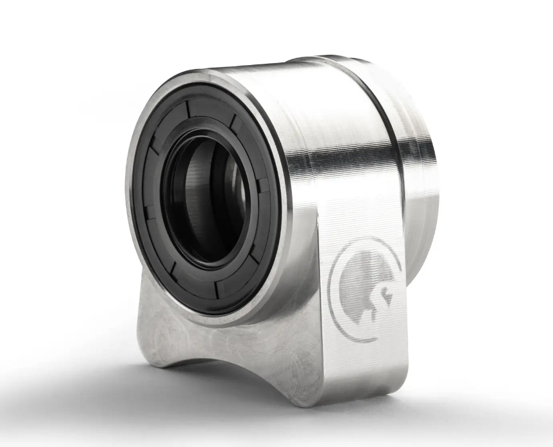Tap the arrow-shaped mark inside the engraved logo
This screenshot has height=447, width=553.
pos(386,295)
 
